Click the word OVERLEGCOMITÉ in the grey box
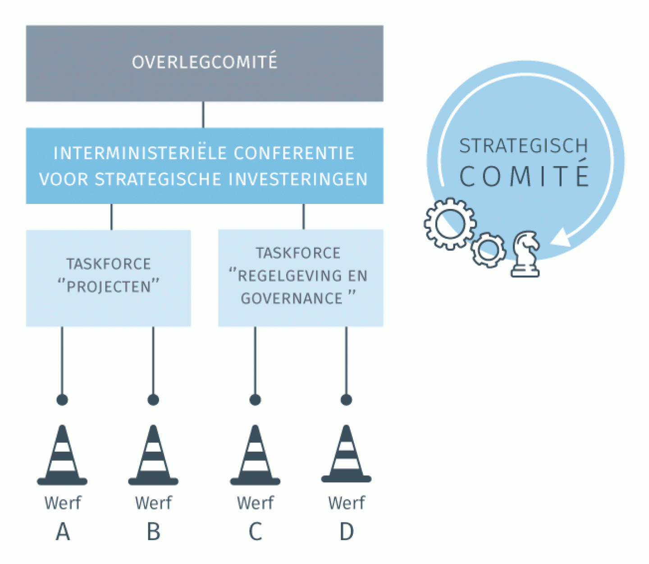pos(205,62)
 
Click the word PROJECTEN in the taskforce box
pos(109,287)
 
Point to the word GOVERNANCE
pos(292,299)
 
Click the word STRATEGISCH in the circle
pos(524,146)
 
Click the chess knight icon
pos(526,254)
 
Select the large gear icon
pos(450,224)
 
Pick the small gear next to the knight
pos(489,250)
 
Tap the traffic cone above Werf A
pos(62,455)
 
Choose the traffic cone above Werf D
pos(346,453)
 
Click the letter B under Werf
pos(154,532)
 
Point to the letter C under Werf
pos(256,532)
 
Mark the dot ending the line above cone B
pos(153,399)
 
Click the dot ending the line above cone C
pos(255,399)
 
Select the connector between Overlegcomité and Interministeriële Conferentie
pos(203,115)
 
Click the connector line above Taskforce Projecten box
pos(111,217)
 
